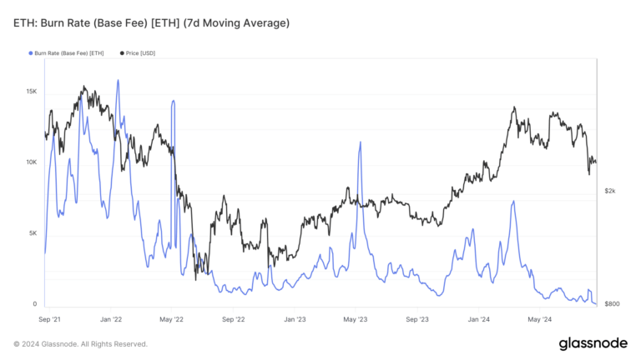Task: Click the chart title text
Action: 151,23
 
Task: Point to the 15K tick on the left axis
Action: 31,91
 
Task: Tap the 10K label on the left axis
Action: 31,162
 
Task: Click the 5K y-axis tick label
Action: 33,233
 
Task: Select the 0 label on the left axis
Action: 35,304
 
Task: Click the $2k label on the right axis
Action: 610,191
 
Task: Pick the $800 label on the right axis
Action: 612,304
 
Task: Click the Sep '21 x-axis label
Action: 50,318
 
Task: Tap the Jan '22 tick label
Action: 111,318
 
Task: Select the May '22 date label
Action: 172,318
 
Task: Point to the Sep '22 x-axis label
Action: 234,318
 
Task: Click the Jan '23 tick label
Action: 295,318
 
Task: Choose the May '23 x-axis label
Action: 356,318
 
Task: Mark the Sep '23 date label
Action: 417,318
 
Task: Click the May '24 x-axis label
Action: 540,318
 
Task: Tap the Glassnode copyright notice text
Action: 80,343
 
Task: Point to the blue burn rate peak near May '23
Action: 360,142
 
